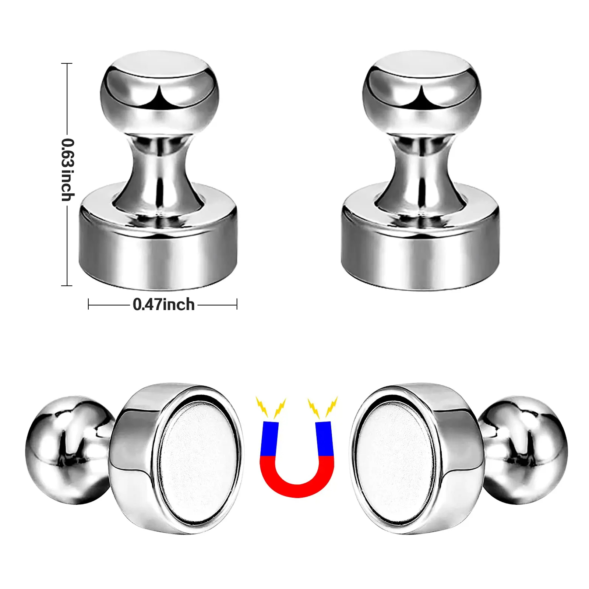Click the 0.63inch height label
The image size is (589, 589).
[x=68, y=170]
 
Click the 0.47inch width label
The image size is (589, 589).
[x=163, y=305]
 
